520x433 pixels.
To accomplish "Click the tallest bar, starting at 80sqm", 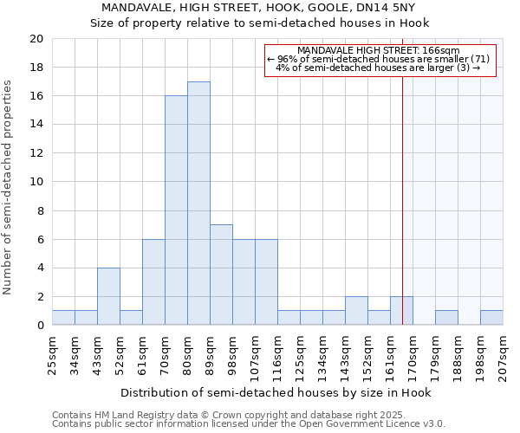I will coord(198,204).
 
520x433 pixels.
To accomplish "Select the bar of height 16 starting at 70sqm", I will coord(176,210).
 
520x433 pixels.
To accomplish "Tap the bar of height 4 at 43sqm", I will coord(108,296).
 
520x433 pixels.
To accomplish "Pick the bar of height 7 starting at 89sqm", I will coord(221,275).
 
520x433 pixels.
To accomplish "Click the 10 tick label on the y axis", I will coord(36,182).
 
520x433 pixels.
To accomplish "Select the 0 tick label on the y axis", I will coord(39,326).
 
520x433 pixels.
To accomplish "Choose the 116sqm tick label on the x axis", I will coord(278,353).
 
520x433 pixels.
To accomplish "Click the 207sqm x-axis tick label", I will coord(504,353).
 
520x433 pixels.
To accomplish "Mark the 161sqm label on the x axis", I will coord(391,353).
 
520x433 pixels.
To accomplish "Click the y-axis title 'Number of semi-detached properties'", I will coord(8,187).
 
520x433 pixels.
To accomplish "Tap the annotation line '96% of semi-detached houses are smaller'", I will coord(379,59).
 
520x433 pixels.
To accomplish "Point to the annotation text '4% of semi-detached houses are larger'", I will coord(379,68).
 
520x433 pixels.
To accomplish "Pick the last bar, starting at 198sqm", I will coord(491,318).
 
